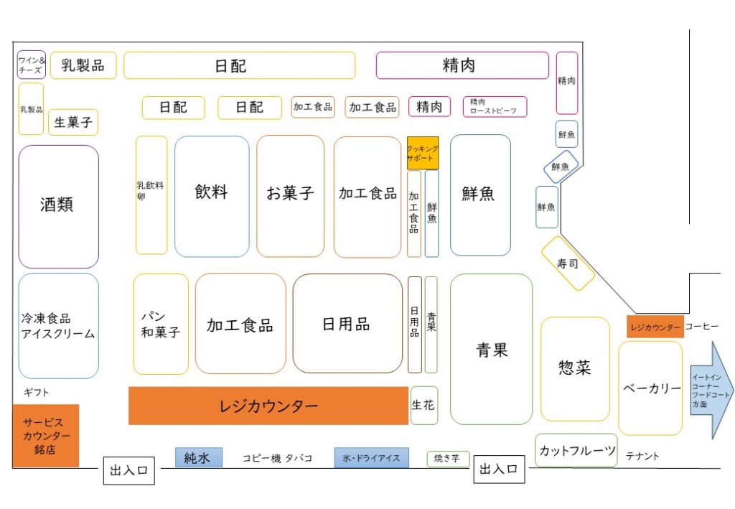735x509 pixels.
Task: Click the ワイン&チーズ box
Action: coord(32,65)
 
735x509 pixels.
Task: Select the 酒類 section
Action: coord(58,207)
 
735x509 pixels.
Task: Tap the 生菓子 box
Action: coord(73,123)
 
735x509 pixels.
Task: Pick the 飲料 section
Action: coord(212,196)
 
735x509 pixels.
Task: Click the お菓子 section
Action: coord(290,196)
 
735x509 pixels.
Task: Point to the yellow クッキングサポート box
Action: coord(423,152)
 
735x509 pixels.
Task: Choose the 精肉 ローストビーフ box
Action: coord(495,107)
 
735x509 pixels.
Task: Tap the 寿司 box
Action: coord(568,263)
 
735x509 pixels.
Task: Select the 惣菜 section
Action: coord(575,369)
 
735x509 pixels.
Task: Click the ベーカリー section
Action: coord(650,388)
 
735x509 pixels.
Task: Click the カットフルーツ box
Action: coord(576,451)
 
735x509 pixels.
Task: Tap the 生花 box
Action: coord(423,406)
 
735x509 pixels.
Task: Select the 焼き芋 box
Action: coord(448,459)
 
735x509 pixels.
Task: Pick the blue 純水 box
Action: coord(198,457)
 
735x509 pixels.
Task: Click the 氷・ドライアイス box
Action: coord(371,458)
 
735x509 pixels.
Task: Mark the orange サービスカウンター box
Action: coord(46,436)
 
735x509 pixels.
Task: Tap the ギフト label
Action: coord(36,393)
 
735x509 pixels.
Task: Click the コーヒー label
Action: coord(701,327)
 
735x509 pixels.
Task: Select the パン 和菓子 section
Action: coord(161,324)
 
